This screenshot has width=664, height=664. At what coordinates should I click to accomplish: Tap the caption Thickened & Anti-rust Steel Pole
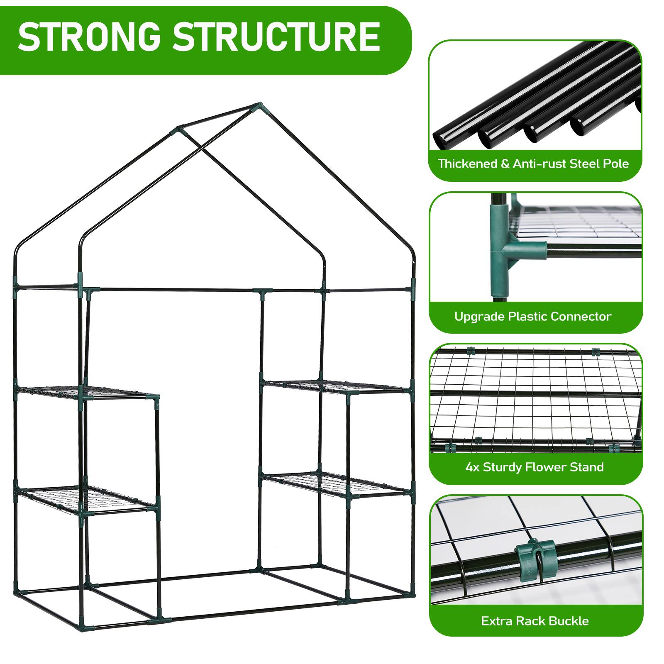click(x=533, y=164)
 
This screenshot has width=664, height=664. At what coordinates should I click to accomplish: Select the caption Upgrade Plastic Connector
click(x=533, y=317)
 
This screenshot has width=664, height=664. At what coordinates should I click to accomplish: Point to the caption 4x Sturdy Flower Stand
click(x=535, y=467)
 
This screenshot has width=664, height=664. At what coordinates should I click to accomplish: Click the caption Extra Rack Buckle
click(x=535, y=621)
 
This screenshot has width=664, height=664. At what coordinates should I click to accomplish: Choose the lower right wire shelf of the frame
click(x=336, y=484)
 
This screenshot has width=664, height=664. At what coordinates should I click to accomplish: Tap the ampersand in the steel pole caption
click(x=505, y=164)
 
